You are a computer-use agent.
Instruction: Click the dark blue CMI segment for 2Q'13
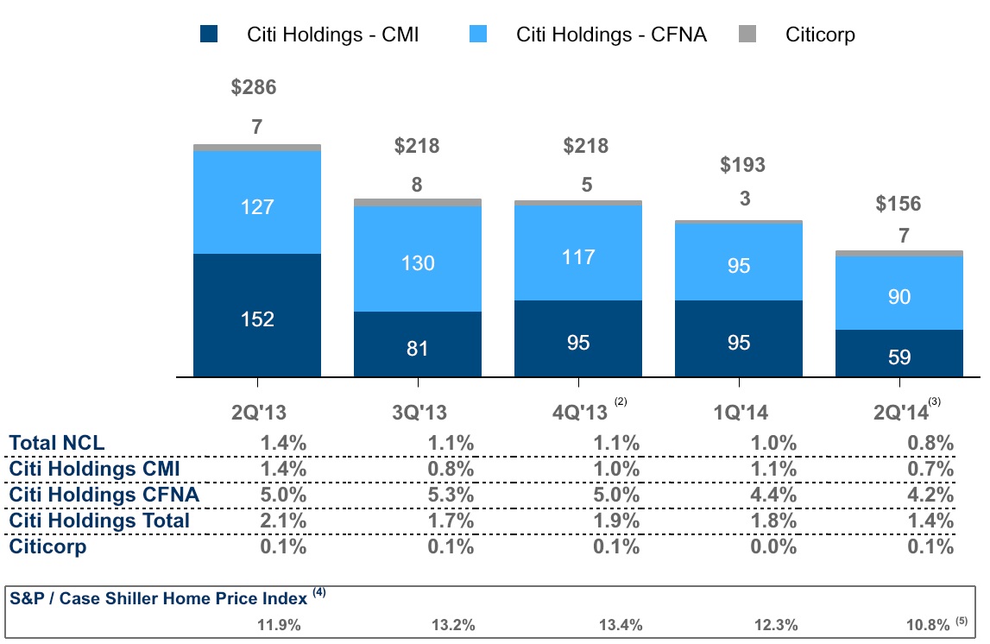click(257, 315)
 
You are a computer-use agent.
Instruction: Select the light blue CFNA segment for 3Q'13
click(418, 259)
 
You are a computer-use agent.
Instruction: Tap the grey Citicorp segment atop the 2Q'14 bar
click(899, 253)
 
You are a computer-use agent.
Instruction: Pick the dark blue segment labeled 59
click(899, 353)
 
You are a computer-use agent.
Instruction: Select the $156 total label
click(899, 204)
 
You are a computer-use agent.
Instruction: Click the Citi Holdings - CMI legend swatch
click(210, 35)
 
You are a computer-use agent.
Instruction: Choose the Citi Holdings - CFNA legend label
click(611, 35)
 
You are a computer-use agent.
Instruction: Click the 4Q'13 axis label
click(580, 411)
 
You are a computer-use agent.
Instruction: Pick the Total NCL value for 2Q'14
click(930, 444)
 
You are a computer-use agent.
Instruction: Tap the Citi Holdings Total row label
click(99, 521)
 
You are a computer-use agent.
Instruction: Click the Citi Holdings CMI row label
click(94, 470)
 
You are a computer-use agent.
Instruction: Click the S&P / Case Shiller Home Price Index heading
click(159, 597)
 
